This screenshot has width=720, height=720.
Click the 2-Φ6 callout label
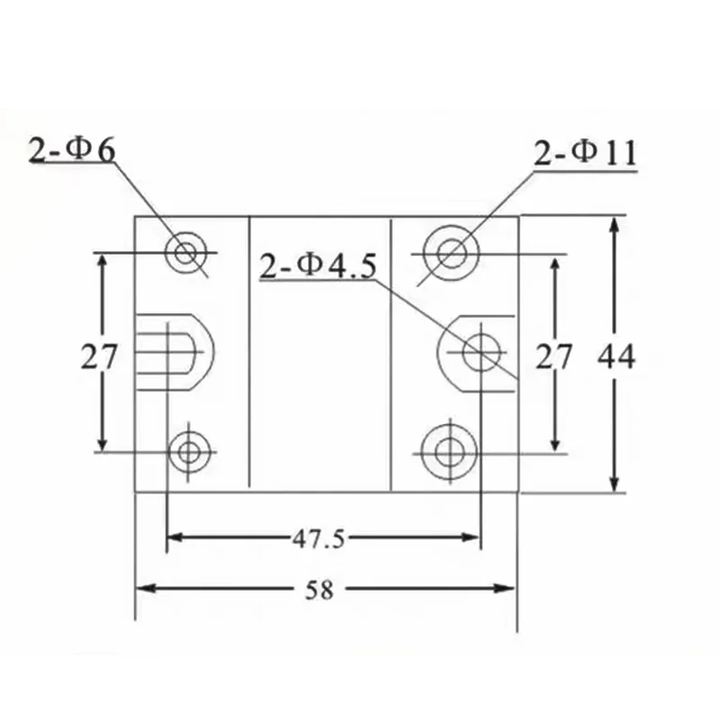click(72, 150)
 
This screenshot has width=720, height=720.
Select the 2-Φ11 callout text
click(586, 153)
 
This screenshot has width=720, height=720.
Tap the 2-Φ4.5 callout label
click(318, 266)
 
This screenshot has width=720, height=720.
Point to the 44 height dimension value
click(616, 356)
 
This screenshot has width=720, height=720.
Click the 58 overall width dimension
click(319, 590)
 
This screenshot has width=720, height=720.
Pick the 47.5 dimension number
click(319, 538)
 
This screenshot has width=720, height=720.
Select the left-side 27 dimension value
click(99, 356)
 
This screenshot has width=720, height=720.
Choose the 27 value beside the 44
click(553, 356)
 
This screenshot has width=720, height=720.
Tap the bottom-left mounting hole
click(189, 453)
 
